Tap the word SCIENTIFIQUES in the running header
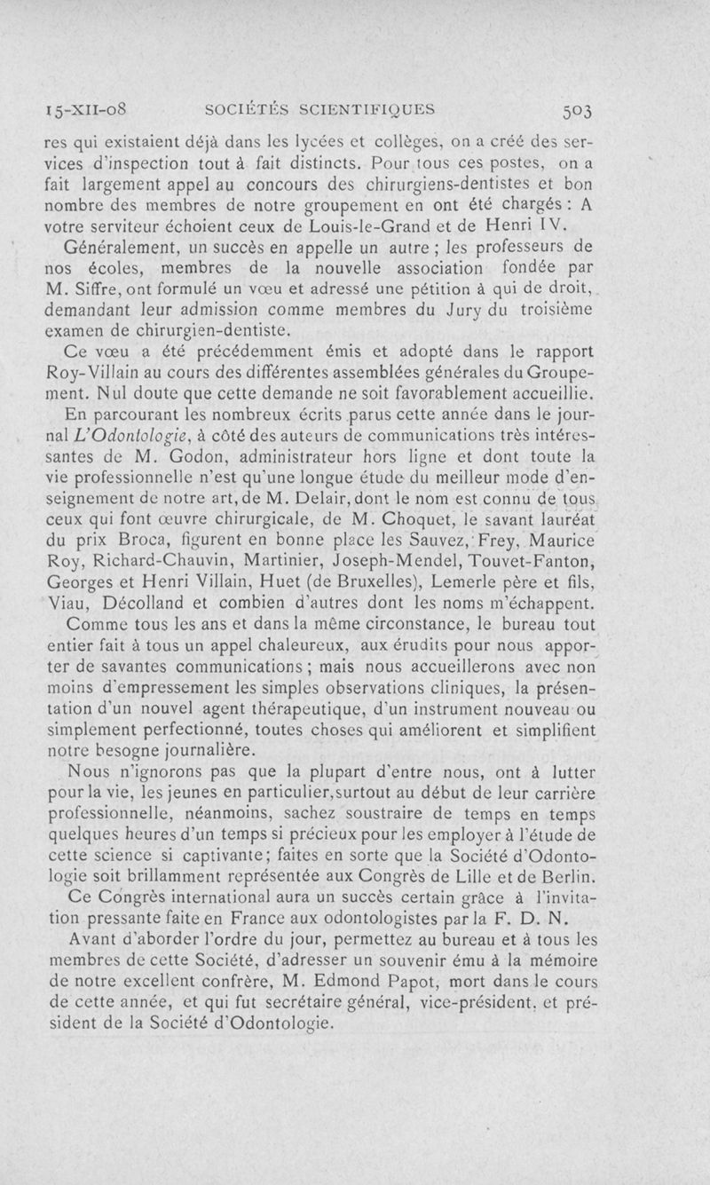[x=367, y=111]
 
